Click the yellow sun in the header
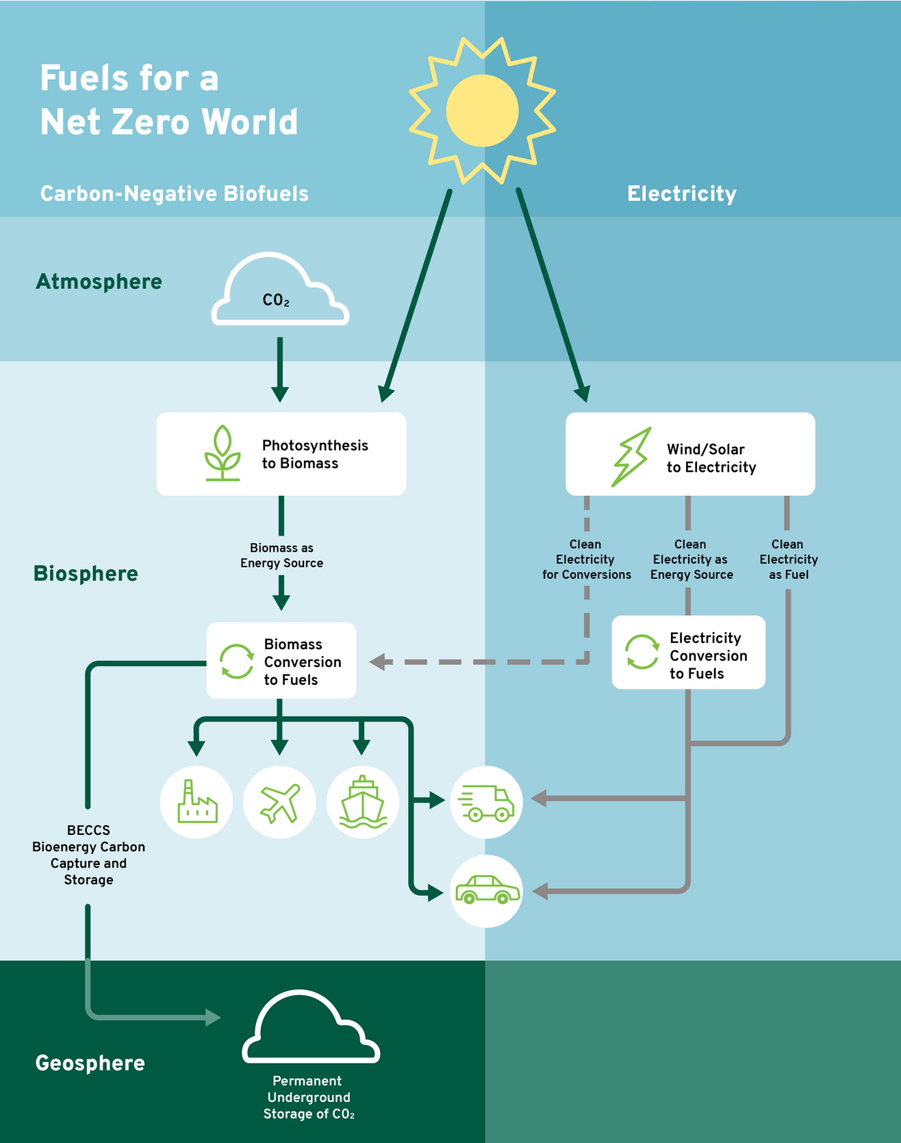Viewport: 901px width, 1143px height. coord(483,110)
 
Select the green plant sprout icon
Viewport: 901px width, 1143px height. coord(223,453)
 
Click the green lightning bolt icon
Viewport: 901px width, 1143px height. coord(631,457)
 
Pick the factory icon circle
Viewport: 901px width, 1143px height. coord(196,802)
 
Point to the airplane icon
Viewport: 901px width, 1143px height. coord(280,802)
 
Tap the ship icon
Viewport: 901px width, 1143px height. coord(363,802)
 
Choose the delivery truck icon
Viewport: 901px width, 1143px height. coord(486,802)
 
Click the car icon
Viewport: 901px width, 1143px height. coord(486,890)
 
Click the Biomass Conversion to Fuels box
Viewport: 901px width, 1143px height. coord(281,661)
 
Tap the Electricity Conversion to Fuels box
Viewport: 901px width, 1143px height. coord(688,653)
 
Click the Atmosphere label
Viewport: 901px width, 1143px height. coord(99,281)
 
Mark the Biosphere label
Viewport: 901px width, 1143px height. coord(86,573)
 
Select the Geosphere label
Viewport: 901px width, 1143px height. coord(90,1063)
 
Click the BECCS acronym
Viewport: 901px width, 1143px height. coord(88,830)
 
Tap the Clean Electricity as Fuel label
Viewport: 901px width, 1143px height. coord(789,560)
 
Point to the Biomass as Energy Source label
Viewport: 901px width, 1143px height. coord(281,555)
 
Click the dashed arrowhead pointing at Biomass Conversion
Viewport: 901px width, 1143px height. coord(378,662)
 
